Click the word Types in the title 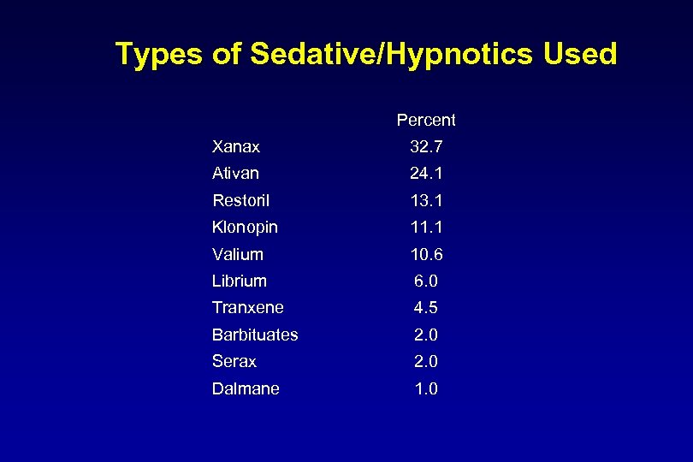point(160,55)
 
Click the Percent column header point(426,120)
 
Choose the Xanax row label point(236,147)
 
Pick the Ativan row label point(235,174)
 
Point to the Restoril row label point(240,200)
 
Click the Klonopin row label point(245,228)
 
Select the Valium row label point(238,254)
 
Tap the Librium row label point(240,281)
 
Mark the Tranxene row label point(248,307)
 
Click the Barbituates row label point(255,335)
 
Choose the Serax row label point(234,361)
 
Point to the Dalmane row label point(246,388)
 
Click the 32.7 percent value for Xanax point(426,147)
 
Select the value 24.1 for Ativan point(426,174)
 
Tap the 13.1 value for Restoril point(426,200)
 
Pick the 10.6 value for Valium point(426,254)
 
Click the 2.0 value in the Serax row point(426,361)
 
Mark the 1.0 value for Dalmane point(426,388)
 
